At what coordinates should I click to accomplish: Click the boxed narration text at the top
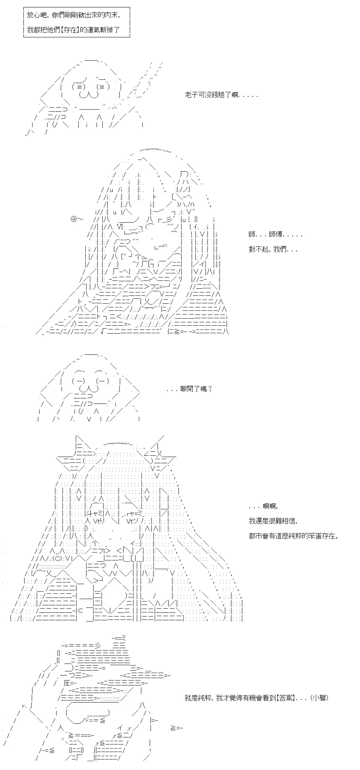(73, 22)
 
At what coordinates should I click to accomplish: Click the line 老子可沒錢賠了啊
(221, 95)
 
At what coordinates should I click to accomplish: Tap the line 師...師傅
(275, 234)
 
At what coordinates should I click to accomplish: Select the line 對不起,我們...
(273, 249)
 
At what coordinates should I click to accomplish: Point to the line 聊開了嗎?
(189, 389)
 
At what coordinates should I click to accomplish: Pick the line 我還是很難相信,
(273, 521)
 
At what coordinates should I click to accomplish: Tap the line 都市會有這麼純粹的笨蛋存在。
(293, 536)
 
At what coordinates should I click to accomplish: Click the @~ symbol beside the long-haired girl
(77, 219)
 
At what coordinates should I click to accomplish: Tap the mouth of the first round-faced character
(89, 95)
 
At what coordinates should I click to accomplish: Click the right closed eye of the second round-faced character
(102, 381)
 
